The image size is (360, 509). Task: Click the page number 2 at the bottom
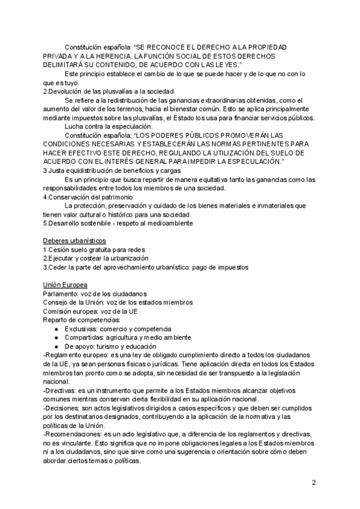coord(313,482)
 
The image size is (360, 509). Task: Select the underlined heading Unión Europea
coord(65,284)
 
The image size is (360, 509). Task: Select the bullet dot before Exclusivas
coord(56,329)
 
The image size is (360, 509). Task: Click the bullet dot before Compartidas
coord(56,338)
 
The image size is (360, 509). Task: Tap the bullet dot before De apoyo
coord(56,346)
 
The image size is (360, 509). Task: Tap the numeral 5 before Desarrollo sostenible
coord(45,223)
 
